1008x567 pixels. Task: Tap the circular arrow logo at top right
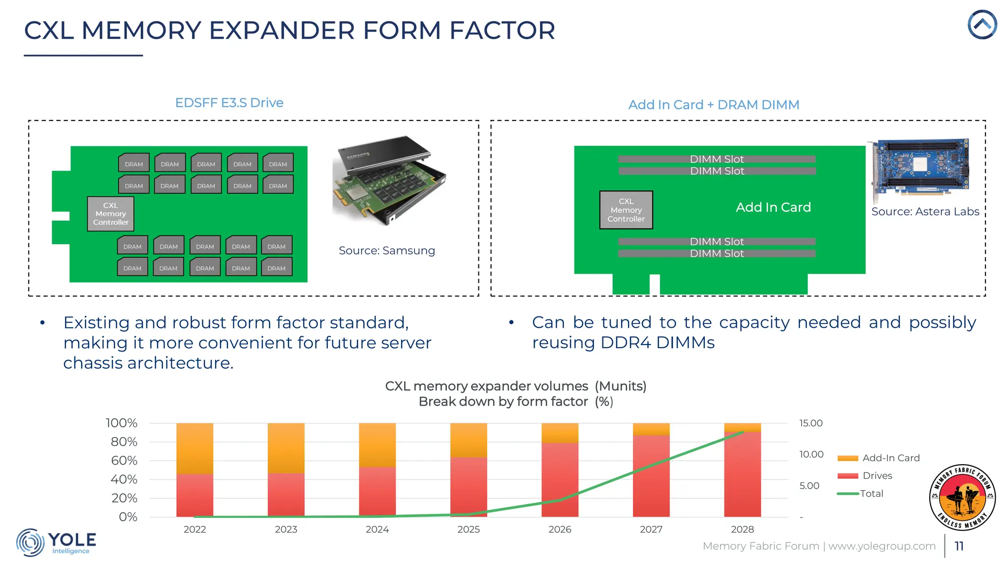(982, 25)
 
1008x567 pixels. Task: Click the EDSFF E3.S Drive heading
(229, 103)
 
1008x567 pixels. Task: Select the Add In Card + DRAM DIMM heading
(714, 105)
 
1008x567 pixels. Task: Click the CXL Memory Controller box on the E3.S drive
(111, 214)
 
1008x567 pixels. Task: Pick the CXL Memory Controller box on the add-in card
(626, 210)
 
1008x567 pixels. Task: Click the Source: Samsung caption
(387, 251)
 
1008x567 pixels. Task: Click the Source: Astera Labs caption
(925, 212)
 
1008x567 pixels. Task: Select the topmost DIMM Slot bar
(717, 159)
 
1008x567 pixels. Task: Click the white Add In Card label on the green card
(773, 207)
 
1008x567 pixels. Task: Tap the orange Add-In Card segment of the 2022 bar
(195, 448)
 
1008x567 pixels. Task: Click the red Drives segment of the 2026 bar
(560, 480)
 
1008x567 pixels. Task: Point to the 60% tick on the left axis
(124, 461)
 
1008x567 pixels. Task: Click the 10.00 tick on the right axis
(811, 454)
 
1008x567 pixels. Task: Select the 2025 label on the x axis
(469, 530)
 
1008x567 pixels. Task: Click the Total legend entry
(871, 494)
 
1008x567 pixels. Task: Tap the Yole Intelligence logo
(57, 542)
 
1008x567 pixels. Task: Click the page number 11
(959, 546)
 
